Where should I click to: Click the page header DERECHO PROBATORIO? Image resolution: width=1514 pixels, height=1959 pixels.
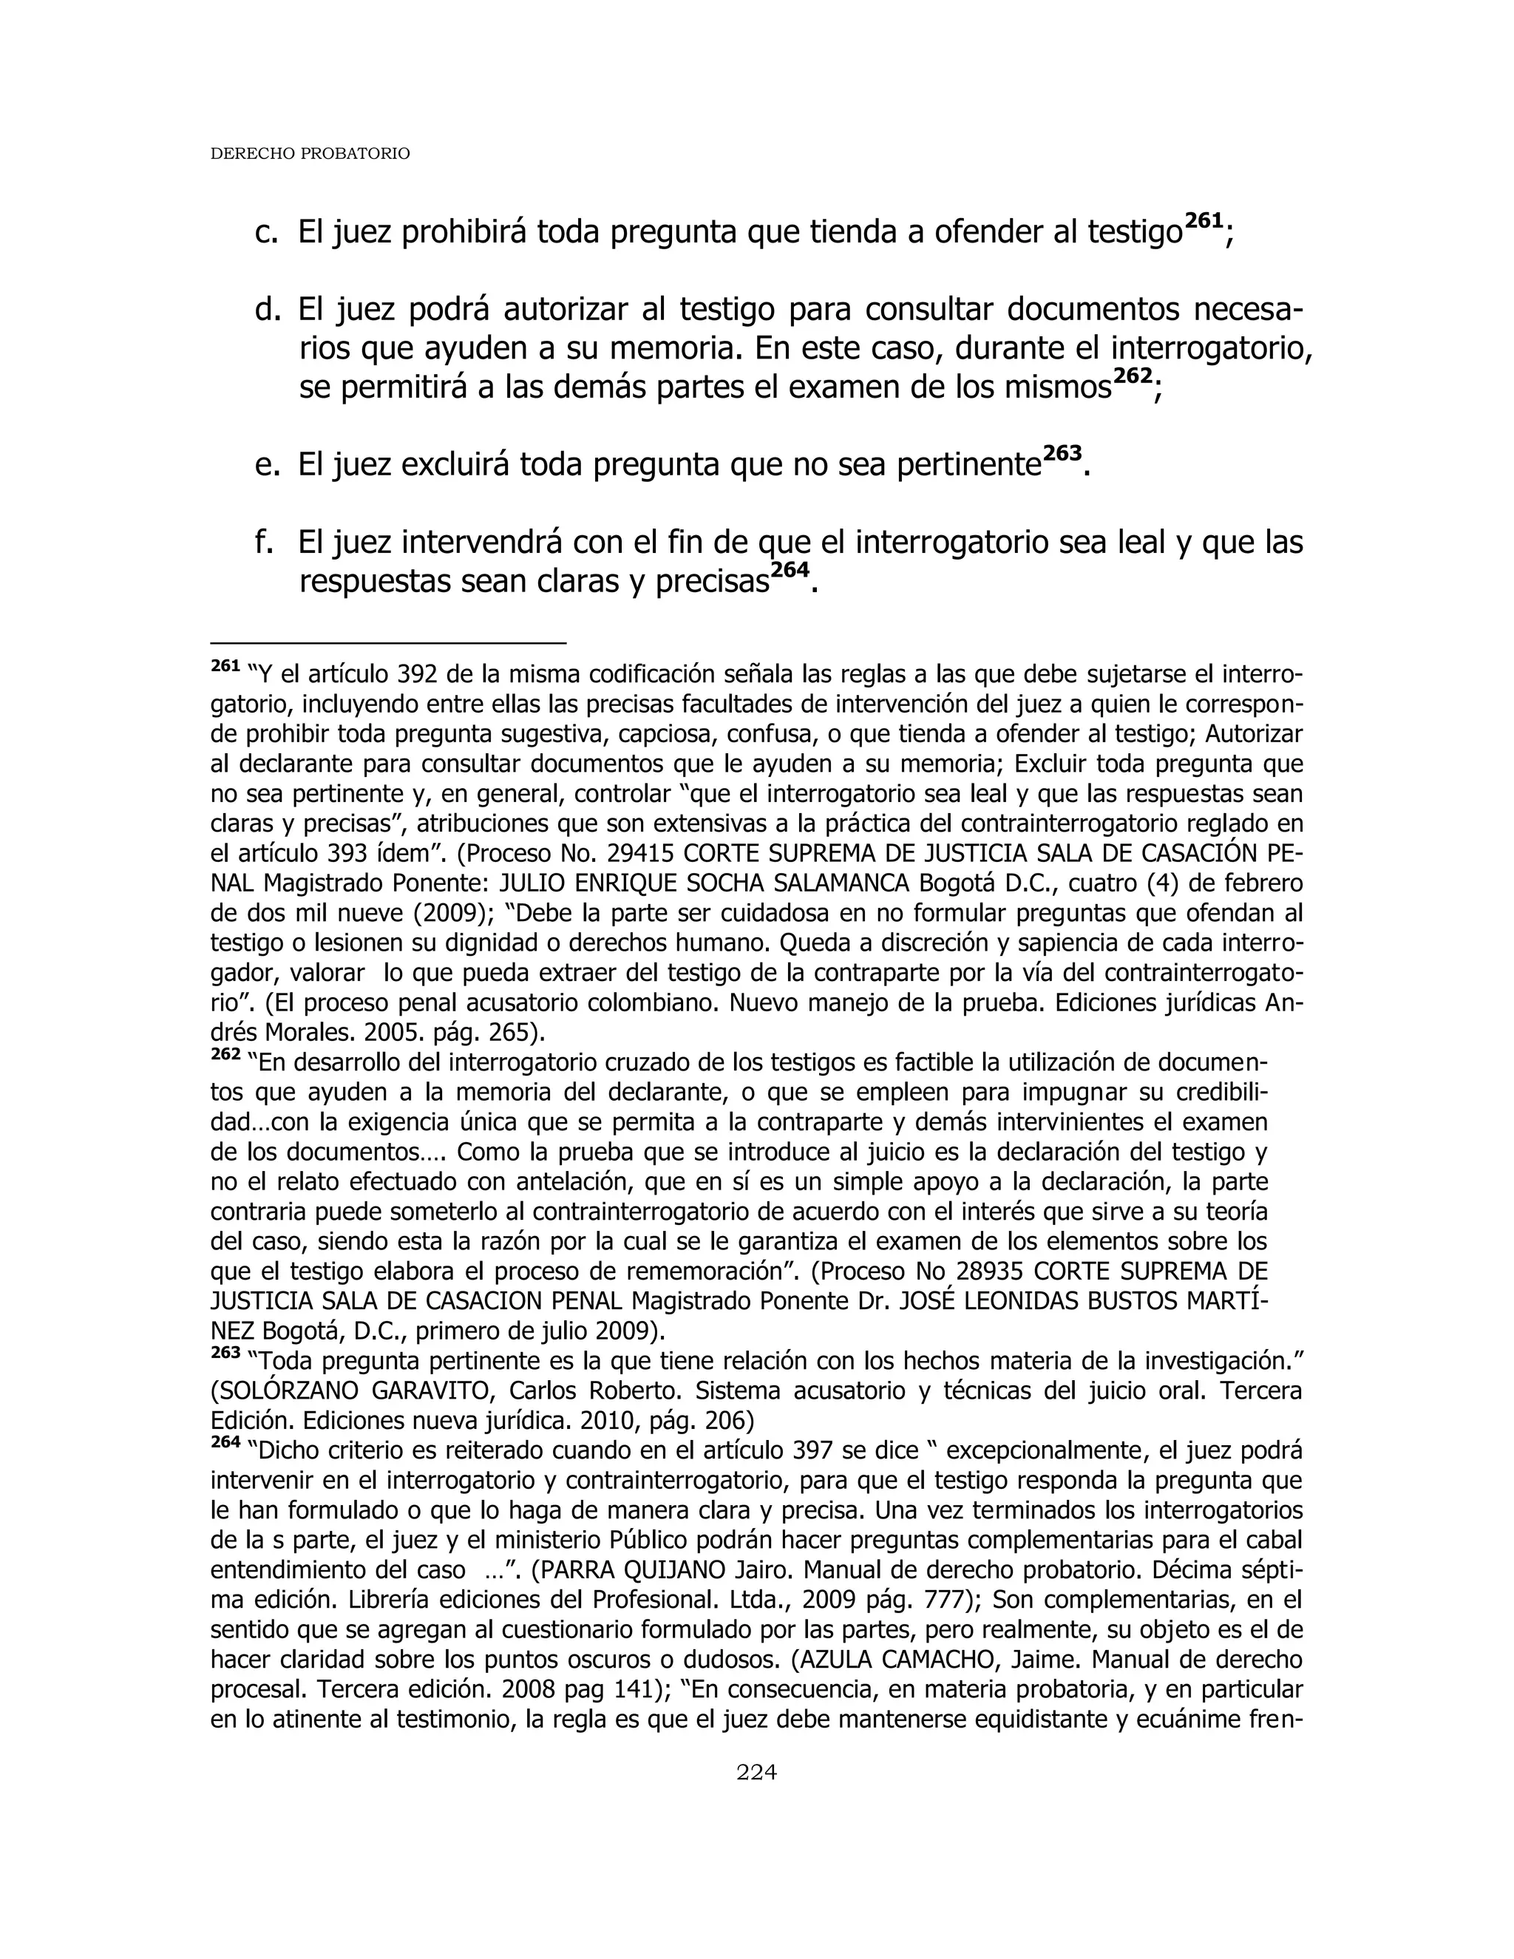coord(310,153)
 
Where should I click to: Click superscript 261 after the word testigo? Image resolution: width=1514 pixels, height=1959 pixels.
coord(1204,220)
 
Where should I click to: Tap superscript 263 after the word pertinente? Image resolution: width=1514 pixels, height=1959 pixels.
coord(1063,453)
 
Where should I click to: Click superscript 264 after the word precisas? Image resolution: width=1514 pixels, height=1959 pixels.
coord(790,569)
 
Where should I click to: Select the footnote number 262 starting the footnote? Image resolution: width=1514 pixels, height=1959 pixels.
coord(225,1056)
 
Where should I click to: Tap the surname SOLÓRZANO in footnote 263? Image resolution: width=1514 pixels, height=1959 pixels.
coord(285,1391)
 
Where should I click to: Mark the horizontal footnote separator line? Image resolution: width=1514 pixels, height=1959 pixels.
coord(387,642)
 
